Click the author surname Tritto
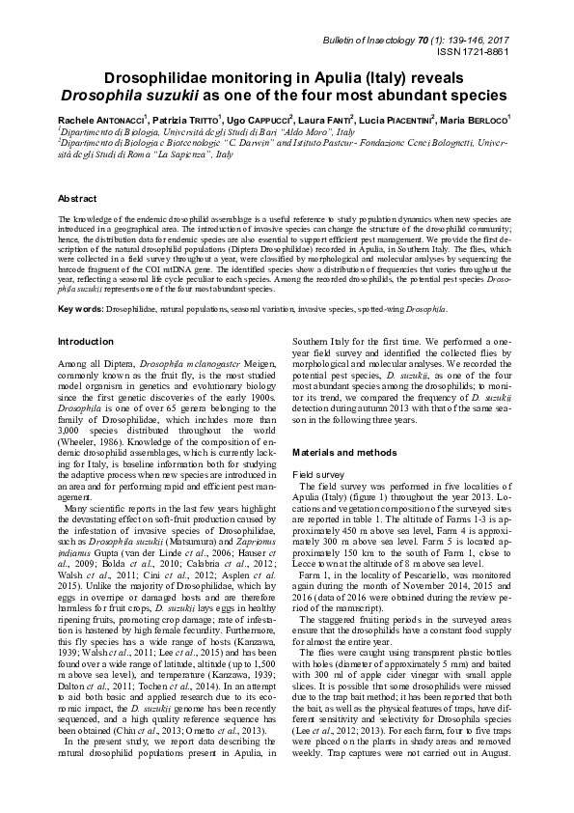tap(200, 118)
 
